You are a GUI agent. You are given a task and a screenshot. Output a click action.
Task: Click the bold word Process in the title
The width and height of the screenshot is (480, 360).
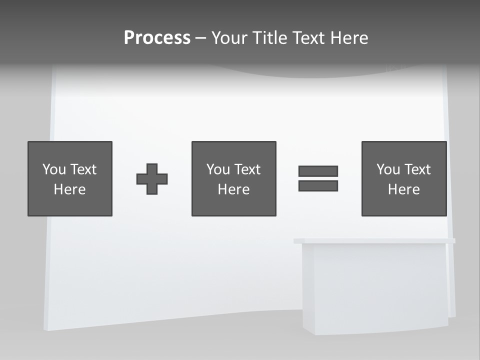[x=157, y=38]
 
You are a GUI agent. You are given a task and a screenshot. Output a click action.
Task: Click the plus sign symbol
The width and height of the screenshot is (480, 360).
[x=152, y=179]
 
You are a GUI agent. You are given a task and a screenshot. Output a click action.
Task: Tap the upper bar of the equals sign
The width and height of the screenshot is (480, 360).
[x=318, y=171]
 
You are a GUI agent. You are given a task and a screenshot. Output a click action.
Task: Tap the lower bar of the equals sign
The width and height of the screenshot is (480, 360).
[x=318, y=185]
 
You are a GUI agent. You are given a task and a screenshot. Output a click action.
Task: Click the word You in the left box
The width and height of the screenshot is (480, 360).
[x=54, y=169]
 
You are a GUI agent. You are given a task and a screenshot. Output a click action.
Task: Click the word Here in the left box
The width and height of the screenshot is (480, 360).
[x=70, y=189]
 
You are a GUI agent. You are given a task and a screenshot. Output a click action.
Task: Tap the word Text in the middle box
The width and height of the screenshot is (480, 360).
[x=247, y=169]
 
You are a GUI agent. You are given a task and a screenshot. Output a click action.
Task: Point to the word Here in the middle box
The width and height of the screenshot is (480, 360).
[x=233, y=189]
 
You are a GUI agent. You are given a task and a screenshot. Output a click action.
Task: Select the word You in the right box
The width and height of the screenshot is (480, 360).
[x=388, y=169]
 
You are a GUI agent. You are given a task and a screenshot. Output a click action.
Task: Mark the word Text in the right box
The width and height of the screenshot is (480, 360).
[x=417, y=169]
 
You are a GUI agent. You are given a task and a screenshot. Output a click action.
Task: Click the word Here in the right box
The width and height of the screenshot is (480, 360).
[x=403, y=189]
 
